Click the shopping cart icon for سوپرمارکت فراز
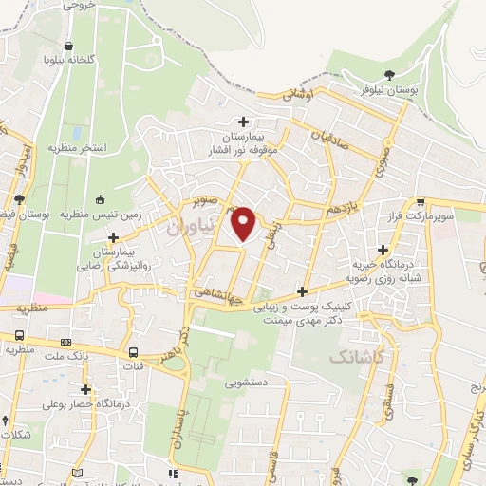tap(420, 201)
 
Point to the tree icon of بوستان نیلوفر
tap(388, 73)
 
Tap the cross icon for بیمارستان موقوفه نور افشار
tap(244, 121)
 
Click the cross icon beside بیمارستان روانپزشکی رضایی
tap(113, 237)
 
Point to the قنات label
tap(136, 364)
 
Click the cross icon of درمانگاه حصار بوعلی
tap(86, 389)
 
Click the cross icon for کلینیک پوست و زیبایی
tap(303, 291)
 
